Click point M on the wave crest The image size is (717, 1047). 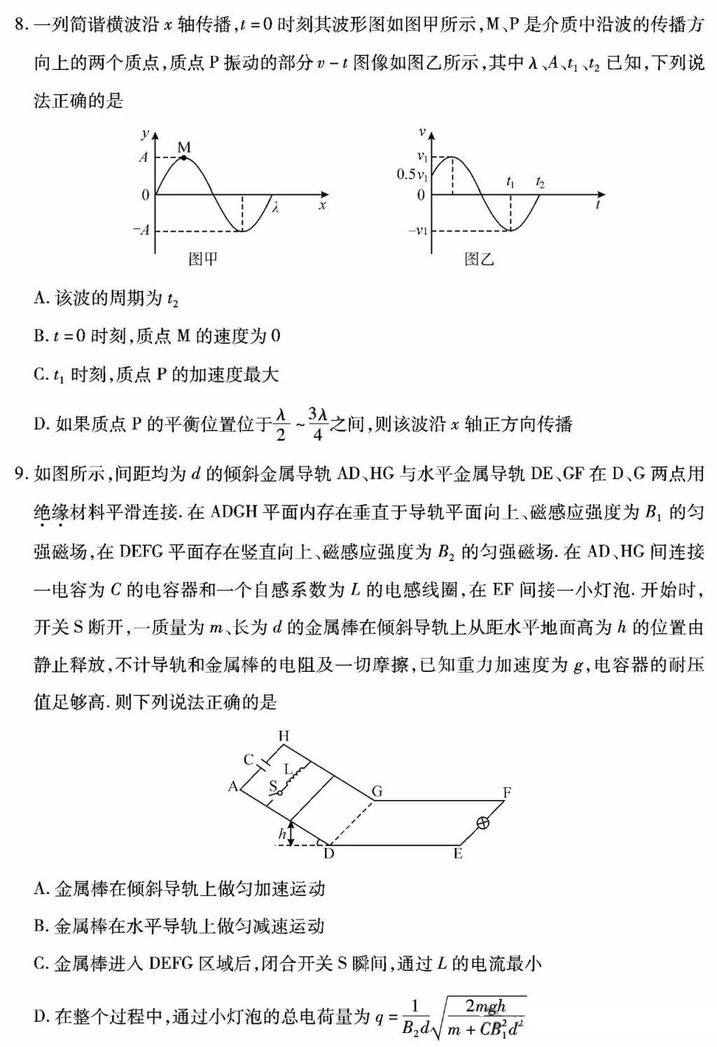tap(183, 157)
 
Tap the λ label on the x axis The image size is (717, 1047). tap(277, 208)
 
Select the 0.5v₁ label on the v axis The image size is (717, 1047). tap(412, 174)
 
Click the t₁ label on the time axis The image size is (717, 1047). tap(510, 183)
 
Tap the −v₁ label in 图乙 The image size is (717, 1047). tap(418, 230)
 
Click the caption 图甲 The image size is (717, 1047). tap(203, 260)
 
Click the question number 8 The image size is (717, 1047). tap(20, 26)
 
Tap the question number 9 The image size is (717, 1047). tap(20, 474)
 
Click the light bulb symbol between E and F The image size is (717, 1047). tap(482, 824)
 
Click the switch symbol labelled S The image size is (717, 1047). tap(279, 792)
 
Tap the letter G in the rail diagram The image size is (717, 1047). tap(377, 791)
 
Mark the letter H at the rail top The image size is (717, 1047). tap(284, 736)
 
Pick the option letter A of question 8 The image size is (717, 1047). tap(39, 299)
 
